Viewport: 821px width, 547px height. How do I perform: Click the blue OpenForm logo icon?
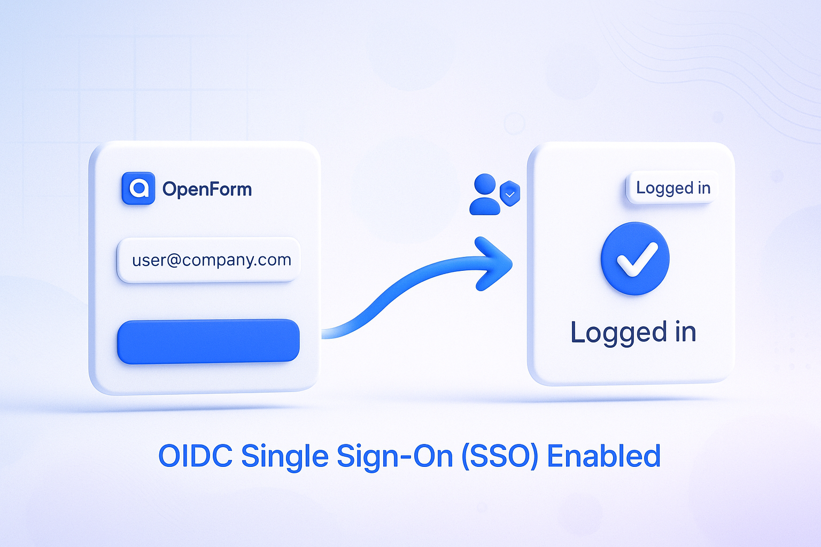(x=138, y=189)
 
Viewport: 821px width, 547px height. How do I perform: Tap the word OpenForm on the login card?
(x=207, y=190)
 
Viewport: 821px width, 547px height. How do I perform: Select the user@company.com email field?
(x=208, y=260)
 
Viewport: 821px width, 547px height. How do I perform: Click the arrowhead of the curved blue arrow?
(x=493, y=264)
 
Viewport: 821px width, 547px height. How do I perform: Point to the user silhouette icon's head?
(x=485, y=184)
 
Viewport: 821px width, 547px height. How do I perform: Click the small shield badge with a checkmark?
(x=510, y=193)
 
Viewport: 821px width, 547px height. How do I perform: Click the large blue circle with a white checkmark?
(x=635, y=259)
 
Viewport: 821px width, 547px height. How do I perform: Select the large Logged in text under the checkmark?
(x=633, y=332)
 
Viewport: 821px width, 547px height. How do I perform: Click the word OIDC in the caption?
(x=196, y=456)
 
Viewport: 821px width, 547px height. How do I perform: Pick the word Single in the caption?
(x=285, y=457)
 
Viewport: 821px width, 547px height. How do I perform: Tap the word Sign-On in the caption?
(x=395, y=457)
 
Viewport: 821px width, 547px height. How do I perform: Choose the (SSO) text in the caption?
(x=500, y=456)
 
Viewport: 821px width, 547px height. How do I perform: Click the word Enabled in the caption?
(x=603, y=456)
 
